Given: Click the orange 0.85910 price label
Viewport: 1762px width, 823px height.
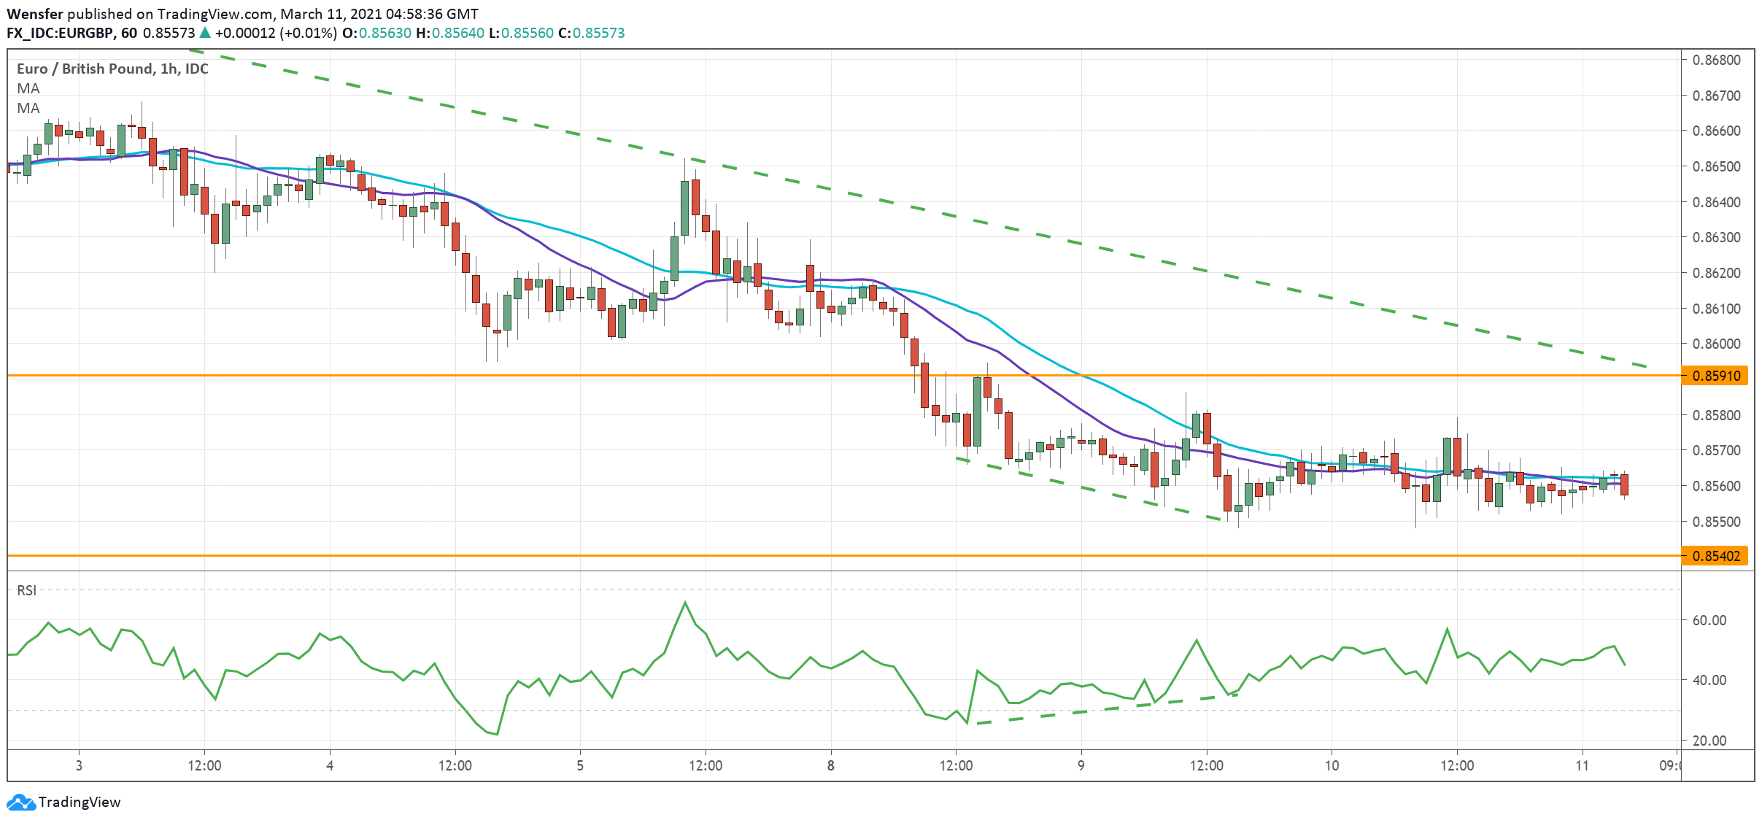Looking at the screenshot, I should (1715, 376).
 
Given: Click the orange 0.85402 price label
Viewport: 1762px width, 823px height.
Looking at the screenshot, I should (1715, 556).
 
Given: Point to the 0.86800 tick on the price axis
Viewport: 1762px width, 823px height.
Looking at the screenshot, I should (1716, 60).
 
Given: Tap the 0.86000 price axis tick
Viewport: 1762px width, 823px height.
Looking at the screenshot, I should (1716, 344).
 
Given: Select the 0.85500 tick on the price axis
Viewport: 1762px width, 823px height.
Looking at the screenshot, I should (1716, 522).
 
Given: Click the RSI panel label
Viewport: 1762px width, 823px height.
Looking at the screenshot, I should (27, 590).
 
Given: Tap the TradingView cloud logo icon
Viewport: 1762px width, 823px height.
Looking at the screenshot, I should (20, 803).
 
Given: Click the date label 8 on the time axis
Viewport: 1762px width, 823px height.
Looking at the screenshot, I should (830, 765).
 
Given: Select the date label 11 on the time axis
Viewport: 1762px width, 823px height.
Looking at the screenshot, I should (1582, 765).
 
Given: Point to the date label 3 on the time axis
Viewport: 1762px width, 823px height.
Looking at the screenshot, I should (79, 765).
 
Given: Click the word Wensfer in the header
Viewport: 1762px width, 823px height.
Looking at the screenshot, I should (34, 14).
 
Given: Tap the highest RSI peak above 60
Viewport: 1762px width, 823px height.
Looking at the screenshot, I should (684, 603).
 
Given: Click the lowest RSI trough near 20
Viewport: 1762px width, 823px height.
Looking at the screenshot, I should (497, 734).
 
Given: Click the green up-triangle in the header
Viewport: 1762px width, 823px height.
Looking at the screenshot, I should (205, 33).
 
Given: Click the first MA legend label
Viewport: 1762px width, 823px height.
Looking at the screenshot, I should (28, 88).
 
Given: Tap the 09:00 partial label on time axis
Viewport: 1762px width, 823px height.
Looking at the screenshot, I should (1669, 765).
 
